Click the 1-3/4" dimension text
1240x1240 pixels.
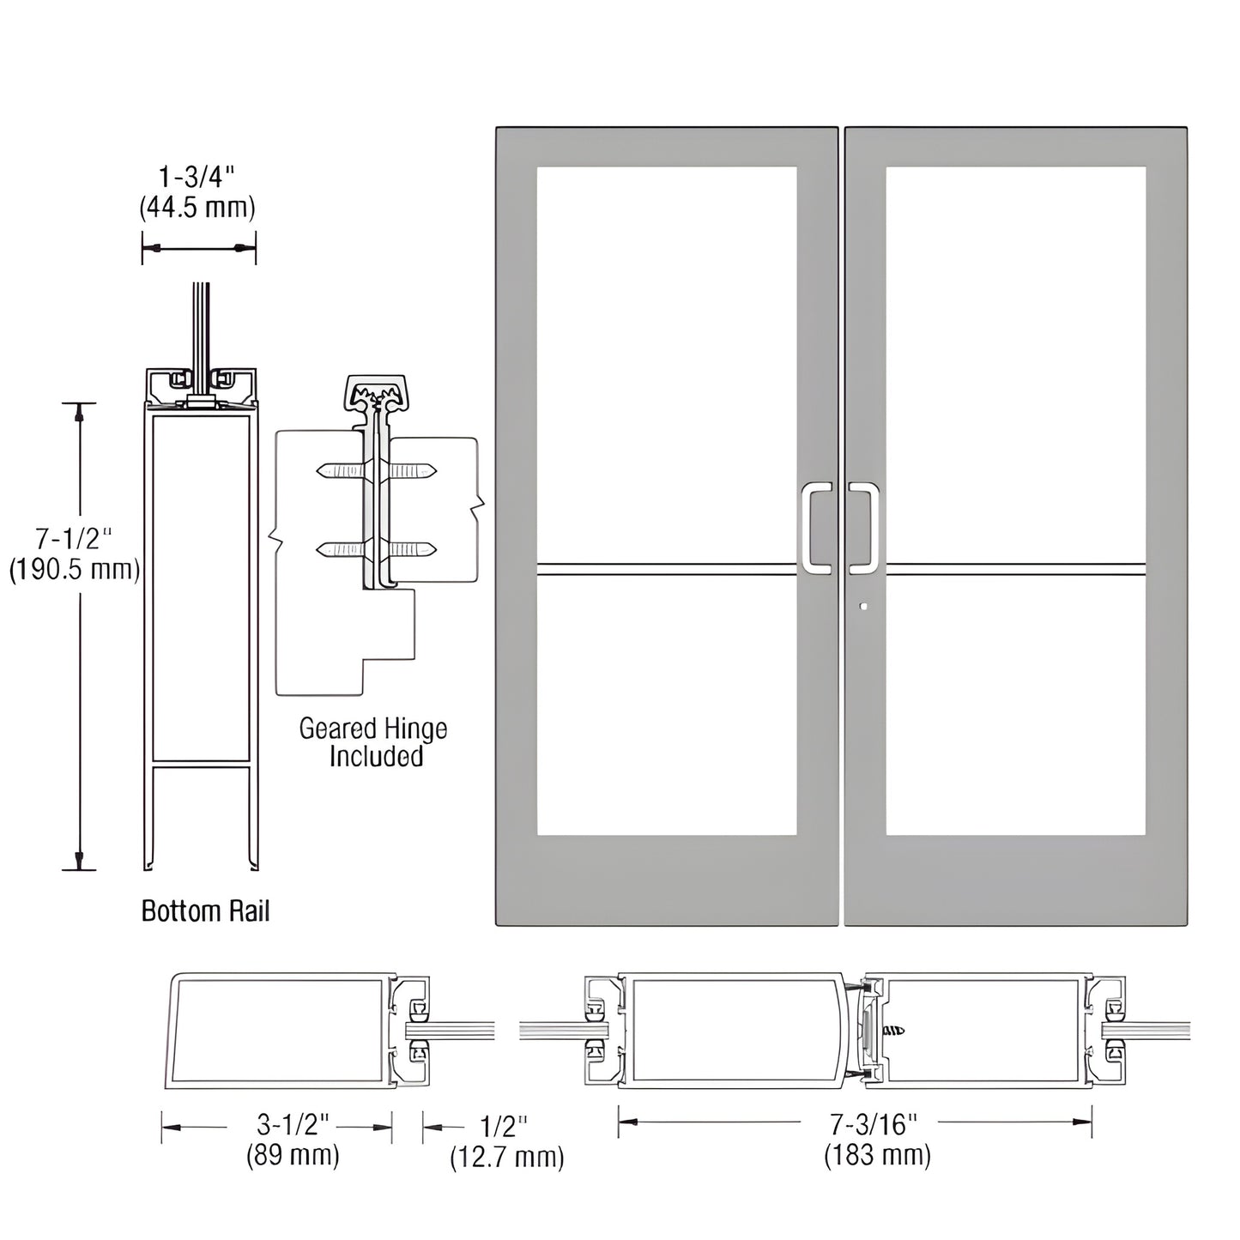pos(197,178)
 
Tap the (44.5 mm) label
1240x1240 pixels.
pos(197,207)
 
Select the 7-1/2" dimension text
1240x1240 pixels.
pos(74,539)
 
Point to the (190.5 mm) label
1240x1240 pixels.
pos(75,569)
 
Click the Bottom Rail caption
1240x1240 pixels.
pos(205,910)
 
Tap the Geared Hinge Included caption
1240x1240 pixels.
pos(374,742)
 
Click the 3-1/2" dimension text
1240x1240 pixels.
pos(293,1126)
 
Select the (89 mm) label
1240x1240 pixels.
pos(293,1155)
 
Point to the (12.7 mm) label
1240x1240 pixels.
pos(507,1157)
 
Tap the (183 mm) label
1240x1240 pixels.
pos(877,1155)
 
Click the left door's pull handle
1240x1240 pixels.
pos(817,527)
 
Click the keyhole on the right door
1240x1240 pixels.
pos(864,607)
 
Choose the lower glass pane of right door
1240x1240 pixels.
pos(1015,704)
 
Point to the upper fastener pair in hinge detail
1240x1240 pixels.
pos(376,470)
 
